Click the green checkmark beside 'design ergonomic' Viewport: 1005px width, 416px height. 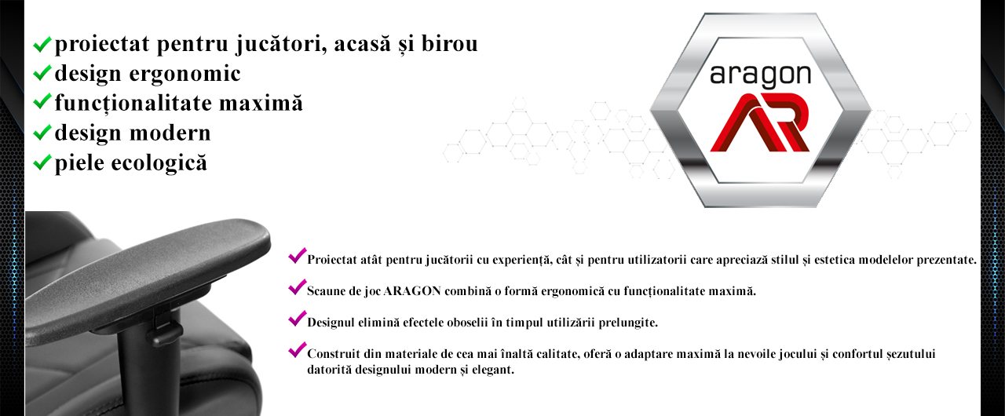pos(42,73)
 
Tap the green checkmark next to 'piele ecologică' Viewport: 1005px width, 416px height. pos(42,162)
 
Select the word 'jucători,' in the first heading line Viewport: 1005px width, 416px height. pos(281,45)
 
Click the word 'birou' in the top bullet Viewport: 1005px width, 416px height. pos(450,43)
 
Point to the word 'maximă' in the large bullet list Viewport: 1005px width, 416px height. pos(261,103)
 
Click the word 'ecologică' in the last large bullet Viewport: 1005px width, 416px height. pos(159,162)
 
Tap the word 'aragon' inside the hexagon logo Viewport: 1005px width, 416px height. pos(761,75)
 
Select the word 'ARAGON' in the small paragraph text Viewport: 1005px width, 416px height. pos(412,291)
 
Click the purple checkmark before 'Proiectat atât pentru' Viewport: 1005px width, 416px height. pos(298,256)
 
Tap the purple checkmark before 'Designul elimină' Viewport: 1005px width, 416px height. pos(298,318)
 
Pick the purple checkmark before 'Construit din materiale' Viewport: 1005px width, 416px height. pos(298,349)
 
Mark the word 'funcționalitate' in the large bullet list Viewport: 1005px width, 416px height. pos(133,104)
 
